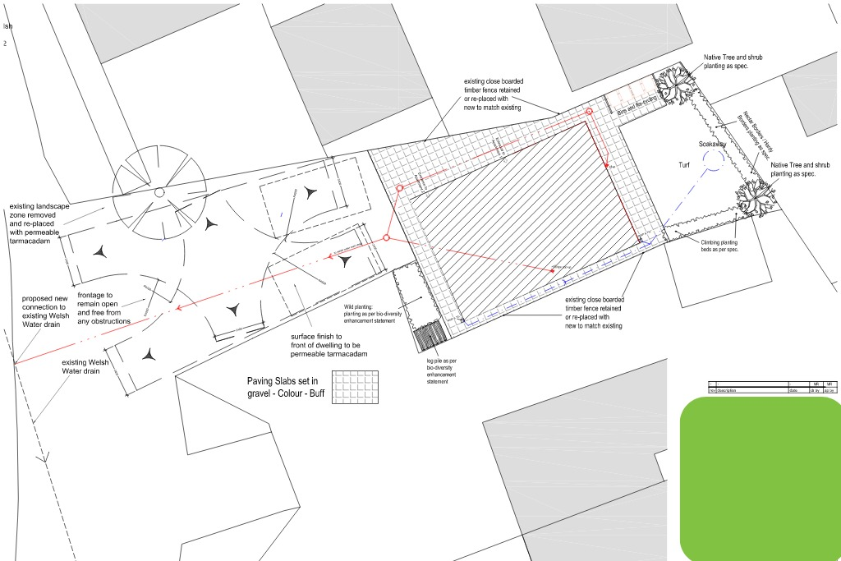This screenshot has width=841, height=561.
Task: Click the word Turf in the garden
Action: coord(684,165)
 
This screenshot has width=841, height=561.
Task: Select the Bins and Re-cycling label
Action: coord(636,101)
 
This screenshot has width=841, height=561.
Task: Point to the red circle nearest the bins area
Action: coord(589,111)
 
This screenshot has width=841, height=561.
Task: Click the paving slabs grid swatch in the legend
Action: coord(356,388)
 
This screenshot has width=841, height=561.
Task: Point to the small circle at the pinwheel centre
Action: coord(159,192)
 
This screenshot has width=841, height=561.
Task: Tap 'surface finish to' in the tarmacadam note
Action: coord(317,337)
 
